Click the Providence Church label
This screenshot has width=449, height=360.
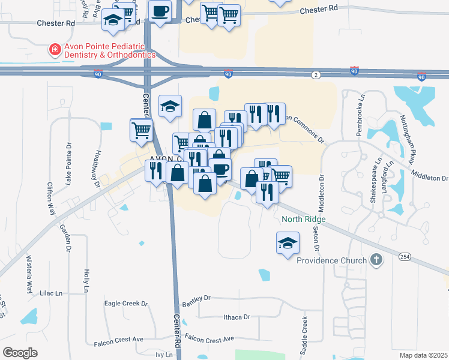click(331, 260)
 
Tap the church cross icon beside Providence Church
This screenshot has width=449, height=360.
click(376, 260)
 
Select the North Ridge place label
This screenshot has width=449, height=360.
click(304, 220)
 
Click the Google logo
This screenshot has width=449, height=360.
click(20, 353)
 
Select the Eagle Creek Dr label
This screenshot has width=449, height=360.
click(125, 304)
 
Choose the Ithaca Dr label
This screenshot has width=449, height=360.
click(236, 316)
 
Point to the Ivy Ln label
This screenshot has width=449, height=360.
click(164, 355)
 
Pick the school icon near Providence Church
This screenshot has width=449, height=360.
click(287, 243)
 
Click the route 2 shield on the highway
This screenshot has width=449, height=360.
click(316, 74)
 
